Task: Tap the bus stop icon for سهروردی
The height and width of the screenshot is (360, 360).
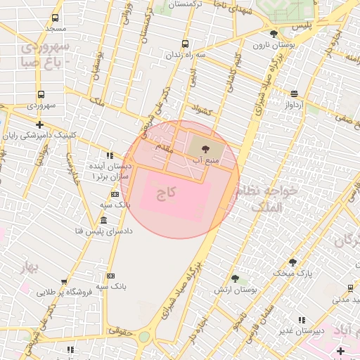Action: click(x=41, y=94)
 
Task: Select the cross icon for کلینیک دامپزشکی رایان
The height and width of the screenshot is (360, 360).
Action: click(x=39, y=125)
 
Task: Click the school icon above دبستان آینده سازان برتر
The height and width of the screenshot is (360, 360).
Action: click(x=110, y=155)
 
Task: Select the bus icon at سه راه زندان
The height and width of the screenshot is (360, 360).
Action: click(x=185, y=44)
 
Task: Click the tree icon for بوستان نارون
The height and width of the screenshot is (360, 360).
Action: click(x=274, y=34)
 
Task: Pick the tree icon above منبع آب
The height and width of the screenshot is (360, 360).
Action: click(x=205, y=149)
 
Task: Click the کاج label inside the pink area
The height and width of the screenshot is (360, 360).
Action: click(x=167, y=191)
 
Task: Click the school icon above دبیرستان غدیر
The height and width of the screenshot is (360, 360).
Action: click(x=302, y=320)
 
